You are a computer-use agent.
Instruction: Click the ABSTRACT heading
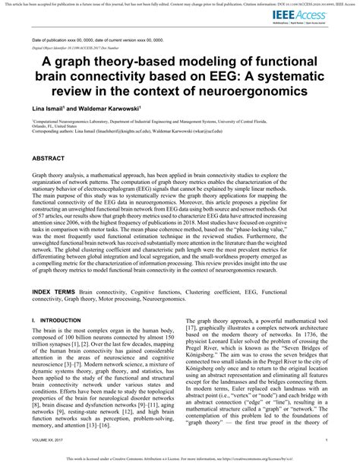51,159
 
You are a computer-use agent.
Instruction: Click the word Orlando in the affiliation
42,126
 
